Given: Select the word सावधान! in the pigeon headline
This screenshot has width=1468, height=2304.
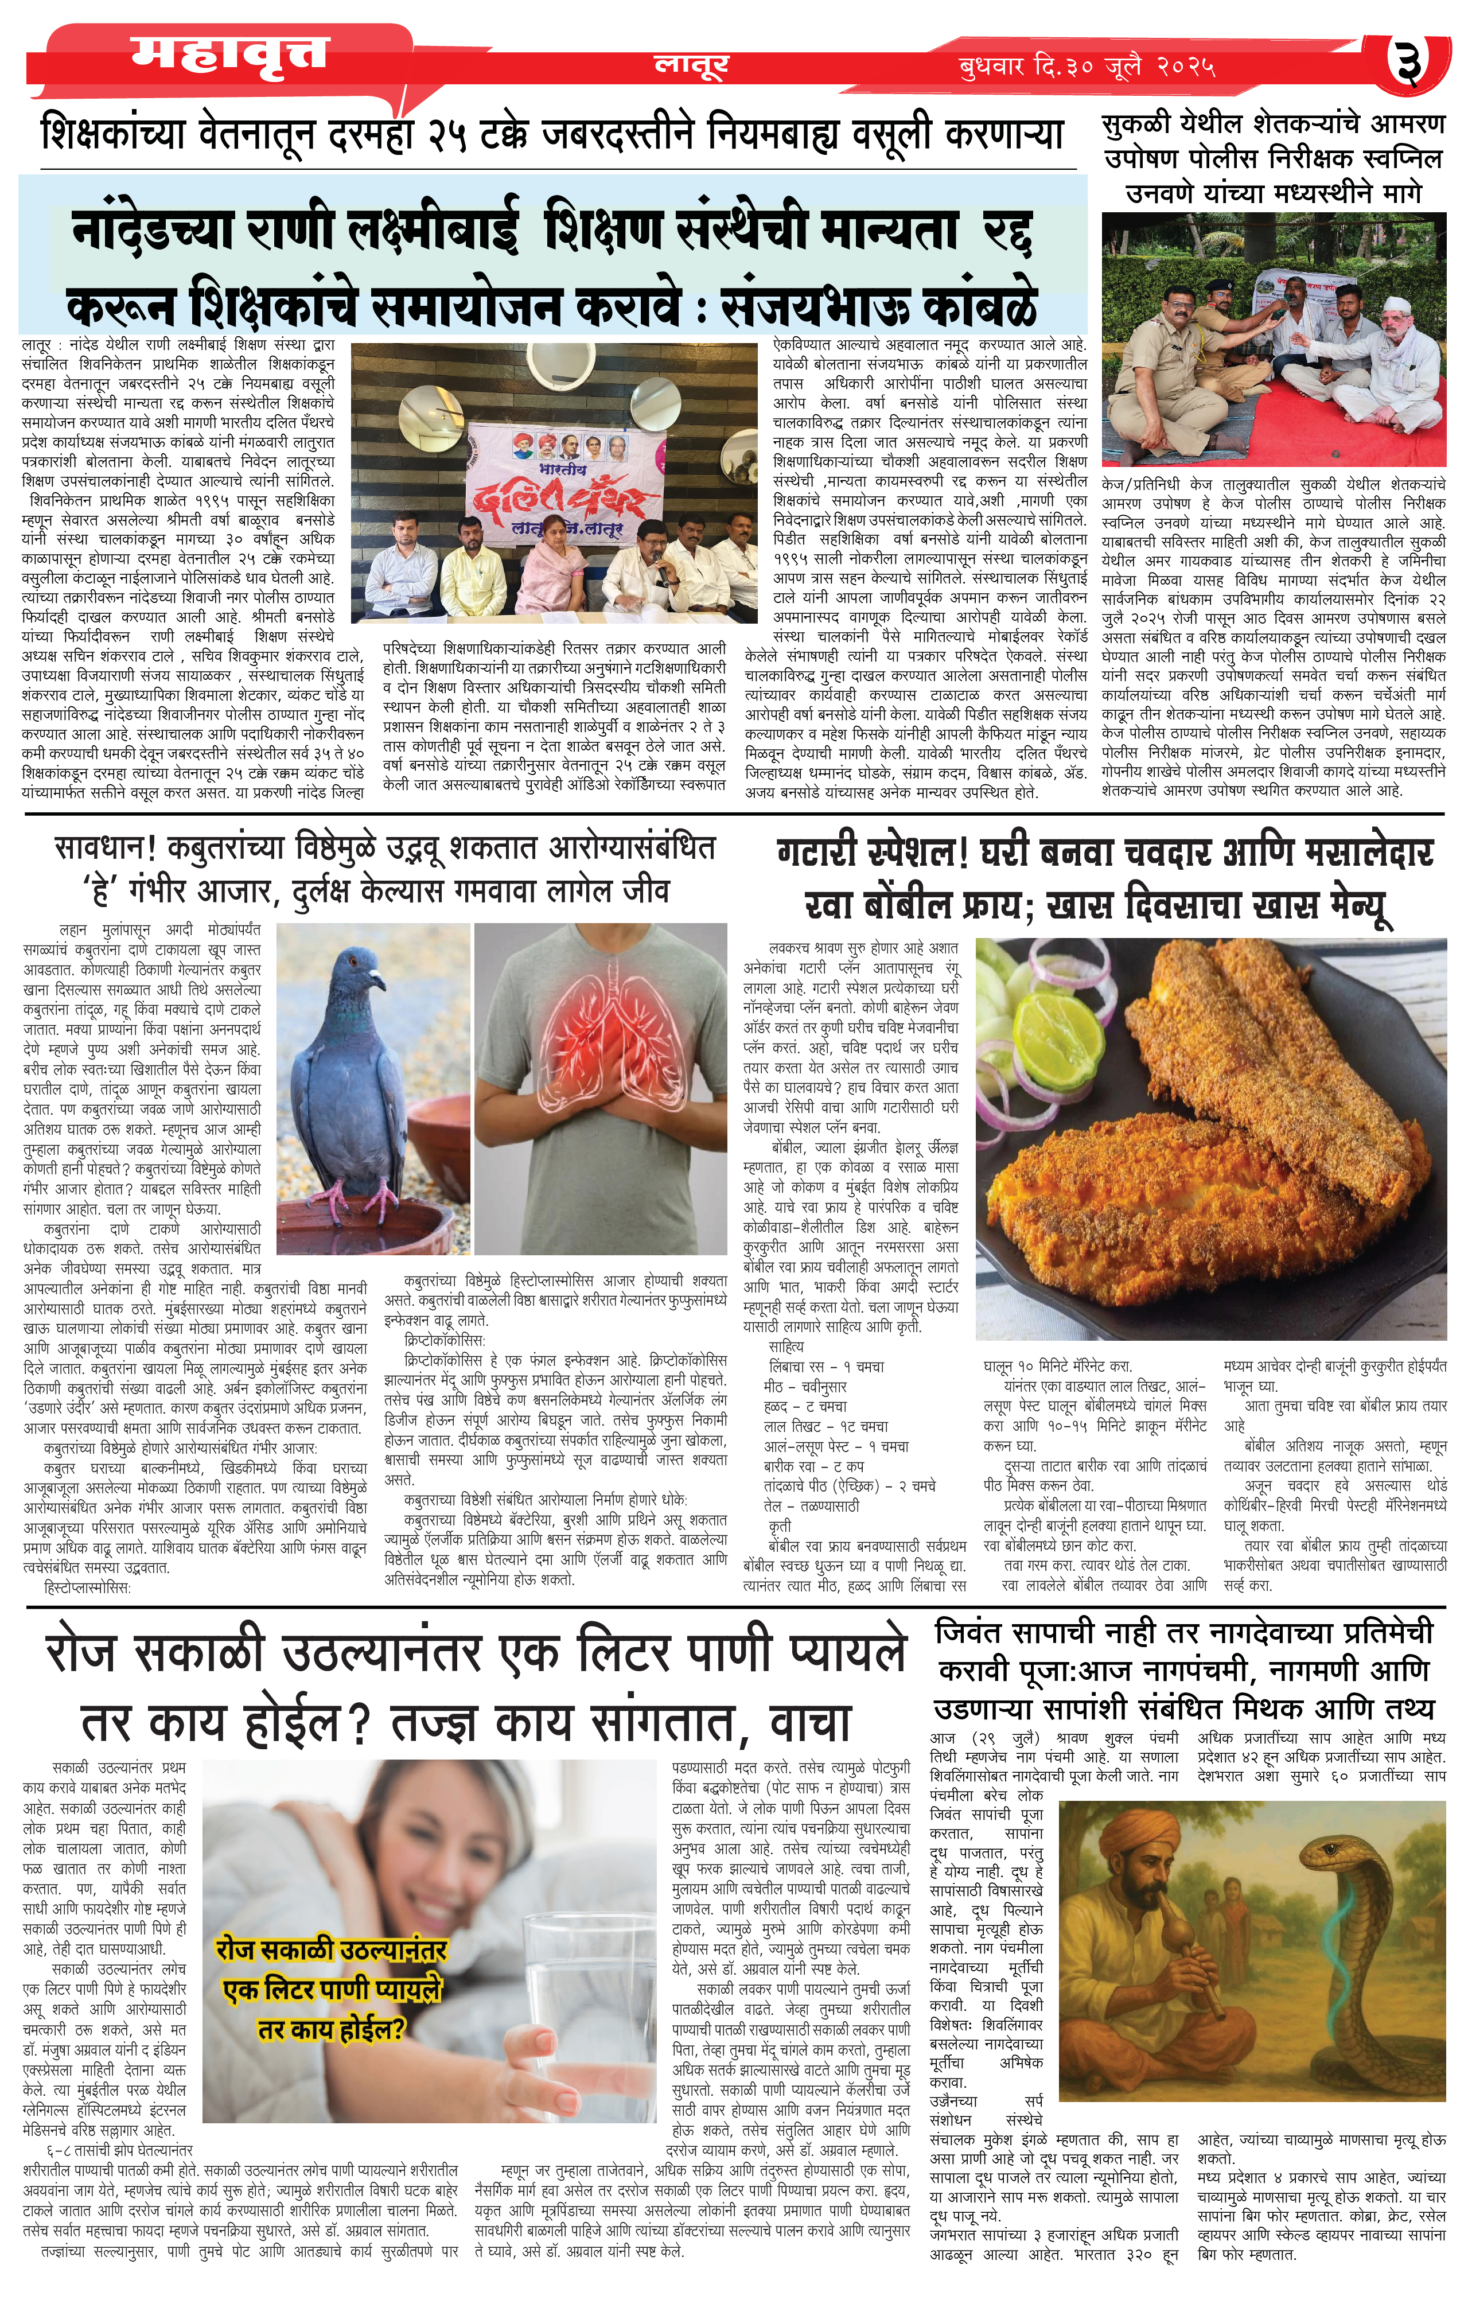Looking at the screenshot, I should [x=106, y=849].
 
